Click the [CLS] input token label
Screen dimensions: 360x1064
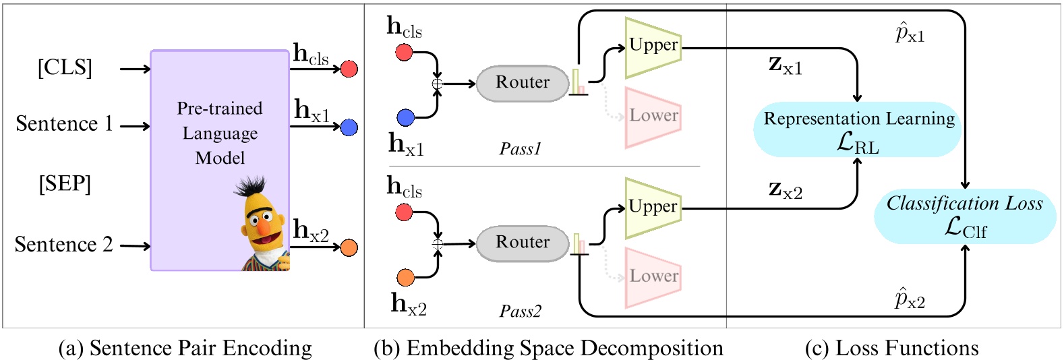pyautogui.click(x=65, y=67)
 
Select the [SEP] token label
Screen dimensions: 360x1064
pyautogui.click(x=65, y=183)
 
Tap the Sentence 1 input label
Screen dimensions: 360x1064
pyautogui.click(x=64, y=124)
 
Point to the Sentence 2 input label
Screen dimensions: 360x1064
pyautogui.click(x=63, y=245)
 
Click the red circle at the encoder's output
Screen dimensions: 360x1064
pyautogui.click(x=349, y=69)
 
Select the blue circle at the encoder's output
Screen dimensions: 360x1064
pyautogui.click(x=349, y=127)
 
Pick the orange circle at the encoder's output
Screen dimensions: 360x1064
pyautogui.click(x=349, y=248)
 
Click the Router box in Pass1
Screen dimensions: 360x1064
pyautogui.click(x=523, y=83)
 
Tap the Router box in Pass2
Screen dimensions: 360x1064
pyautogui.click(x=523, y=243)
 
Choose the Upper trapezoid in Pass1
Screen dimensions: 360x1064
pyautogui.click(x=653, y=47)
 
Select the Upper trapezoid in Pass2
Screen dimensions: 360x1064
pyautogui.click(x=653, y=208)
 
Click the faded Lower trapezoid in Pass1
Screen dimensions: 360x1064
pyautogui.click(x=653, y=117)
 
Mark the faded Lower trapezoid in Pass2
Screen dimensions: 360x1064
pyautogui.click(x=653, y=277)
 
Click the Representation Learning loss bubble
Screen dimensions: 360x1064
pyautogui.click(x=858, y=130)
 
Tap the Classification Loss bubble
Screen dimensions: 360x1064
pyautogui.click(x=965, y=216)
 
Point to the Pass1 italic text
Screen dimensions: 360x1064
pyautogui.click(x=520, y=149)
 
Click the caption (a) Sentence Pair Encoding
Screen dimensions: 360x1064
pyautogui.click(x=185, y=348)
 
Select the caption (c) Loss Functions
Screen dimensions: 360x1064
pyautogui.click(x=891, y=348)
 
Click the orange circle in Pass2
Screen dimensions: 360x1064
pyautogui.click(x=405, y=277)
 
